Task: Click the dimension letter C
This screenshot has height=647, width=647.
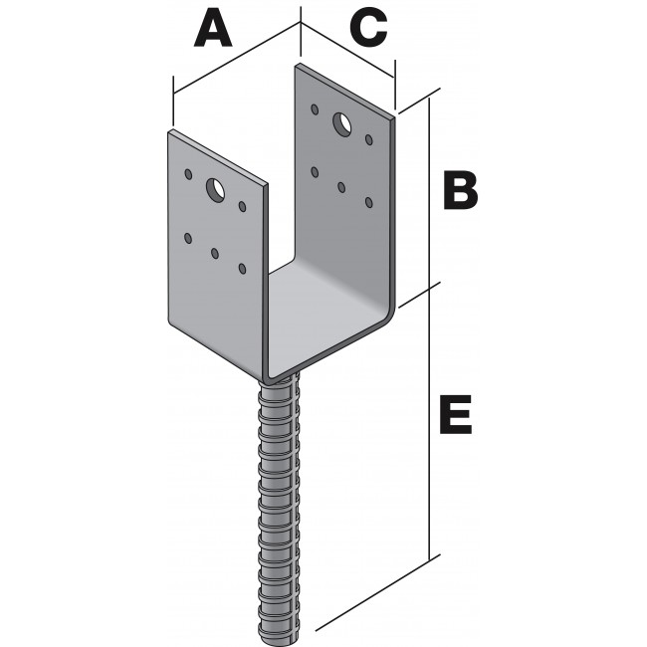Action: [x=368, y=29]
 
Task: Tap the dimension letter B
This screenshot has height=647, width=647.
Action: [x=460, y=191]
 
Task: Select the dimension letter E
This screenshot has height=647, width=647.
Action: [x=456, y=414]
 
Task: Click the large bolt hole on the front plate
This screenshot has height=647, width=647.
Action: [x=215, y=190]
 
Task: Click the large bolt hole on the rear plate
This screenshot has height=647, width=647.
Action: [x=341, y=123]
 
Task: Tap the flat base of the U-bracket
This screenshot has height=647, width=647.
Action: [x=325, y=318]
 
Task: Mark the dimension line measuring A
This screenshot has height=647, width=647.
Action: [x=237, y=58]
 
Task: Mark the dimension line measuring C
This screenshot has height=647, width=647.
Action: [x=348, y=50]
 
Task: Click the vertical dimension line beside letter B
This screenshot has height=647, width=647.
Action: [x=430, y=193]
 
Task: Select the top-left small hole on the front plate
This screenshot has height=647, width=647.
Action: [x=188, y=174]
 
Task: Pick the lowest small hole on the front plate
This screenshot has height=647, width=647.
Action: [x=242, y=269]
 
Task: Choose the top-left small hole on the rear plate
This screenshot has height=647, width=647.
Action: [x=315, y=109]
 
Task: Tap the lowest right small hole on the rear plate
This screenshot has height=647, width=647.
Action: [x=369, y=202]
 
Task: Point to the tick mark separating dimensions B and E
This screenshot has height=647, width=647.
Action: [x=420, y=295]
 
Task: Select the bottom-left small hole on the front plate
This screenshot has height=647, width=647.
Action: [x=188, y=238]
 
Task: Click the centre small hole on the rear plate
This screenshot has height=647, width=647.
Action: [x=341, y=188]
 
